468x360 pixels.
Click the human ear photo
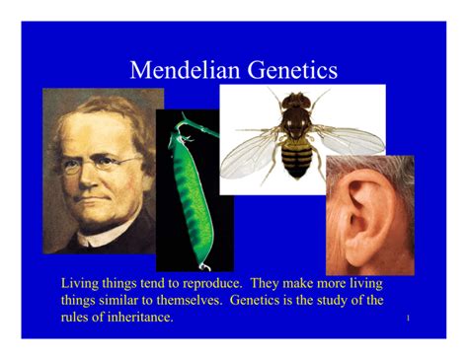pos(369,212)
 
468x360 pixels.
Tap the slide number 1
pos(408,319)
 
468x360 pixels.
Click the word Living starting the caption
pos(82,283)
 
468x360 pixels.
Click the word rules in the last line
pos(78,317)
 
